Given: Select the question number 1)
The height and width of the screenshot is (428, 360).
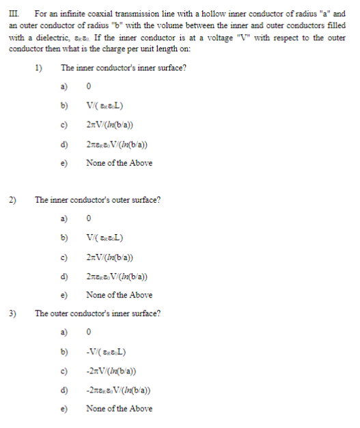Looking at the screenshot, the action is click(39, 68).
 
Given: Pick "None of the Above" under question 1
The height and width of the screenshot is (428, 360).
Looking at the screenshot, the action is click(119, 163).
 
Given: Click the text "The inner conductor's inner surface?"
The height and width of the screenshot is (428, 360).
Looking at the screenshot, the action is click(124, 68).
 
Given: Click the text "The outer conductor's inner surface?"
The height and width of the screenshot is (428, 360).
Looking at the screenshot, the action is click(98, 313).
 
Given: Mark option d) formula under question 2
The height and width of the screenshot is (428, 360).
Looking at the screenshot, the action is click(123, 276).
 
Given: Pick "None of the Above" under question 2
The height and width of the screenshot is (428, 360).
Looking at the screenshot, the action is click(119, 295).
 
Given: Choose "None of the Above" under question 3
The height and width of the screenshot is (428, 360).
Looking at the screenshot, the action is click(119, 408).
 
